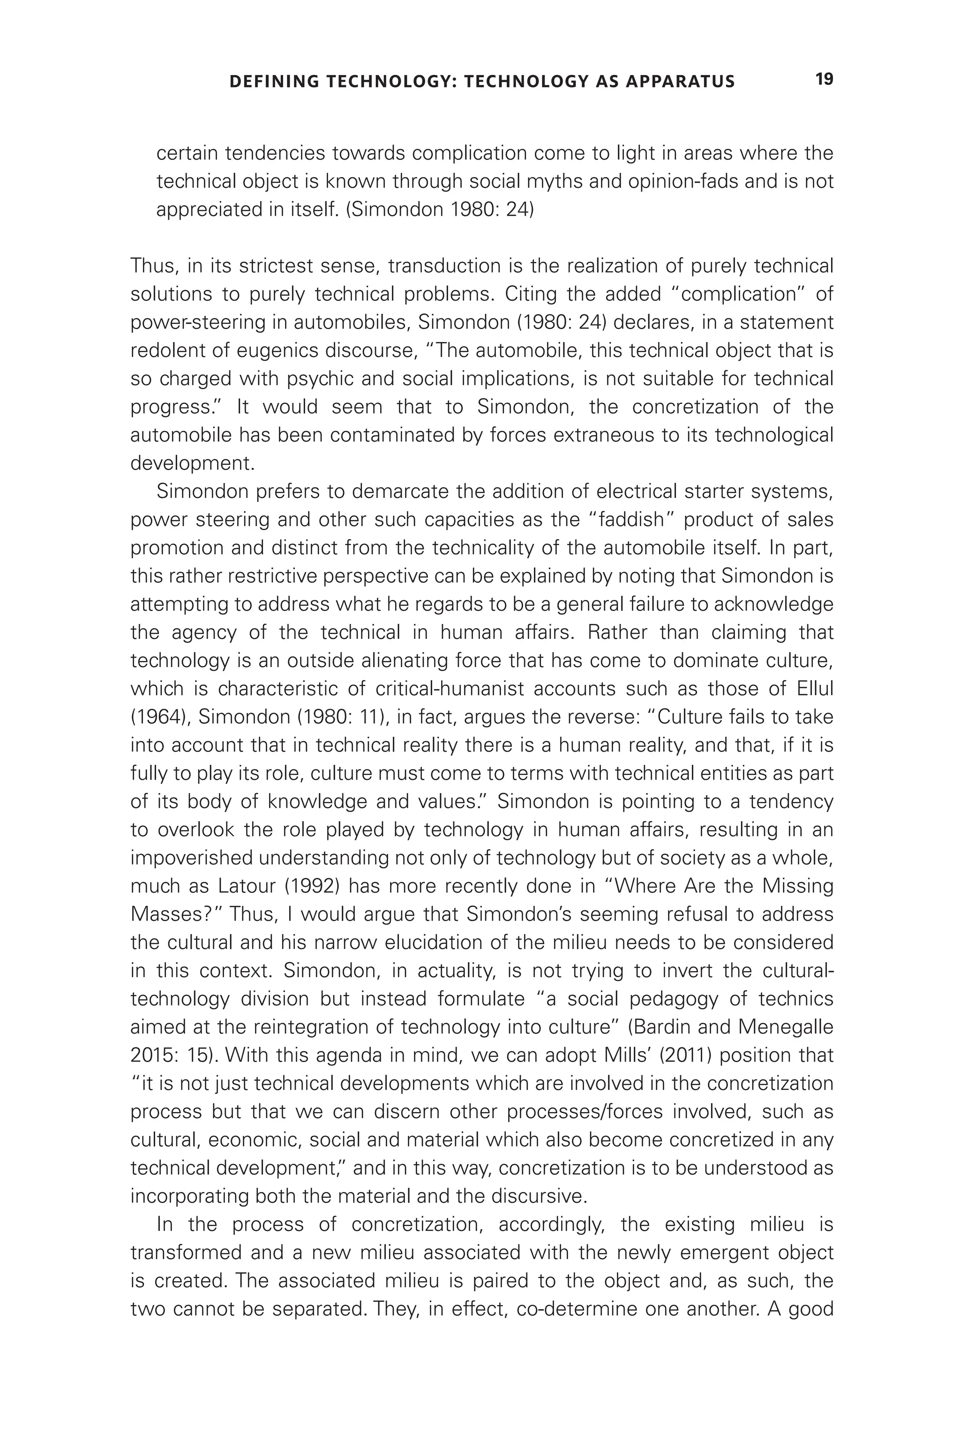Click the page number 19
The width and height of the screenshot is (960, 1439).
[824, 80]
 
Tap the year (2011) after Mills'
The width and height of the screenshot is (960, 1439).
[640, 1055]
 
